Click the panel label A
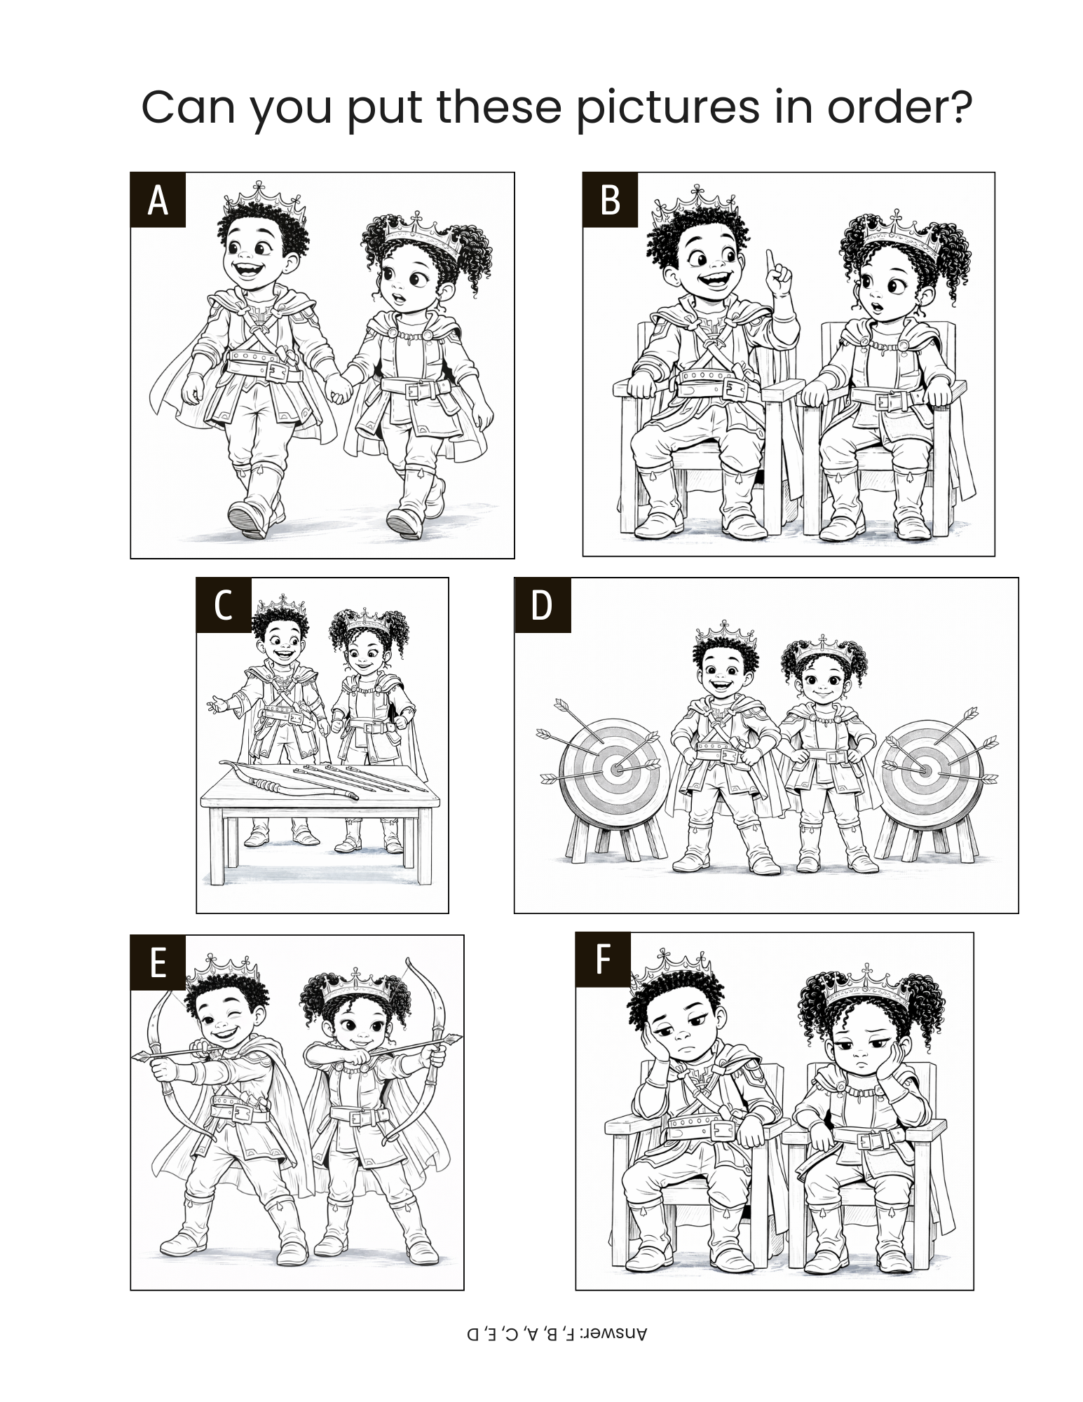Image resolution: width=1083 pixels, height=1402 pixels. [158, 200]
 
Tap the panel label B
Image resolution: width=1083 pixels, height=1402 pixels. [611, 200]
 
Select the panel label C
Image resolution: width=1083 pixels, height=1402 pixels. [224, 605]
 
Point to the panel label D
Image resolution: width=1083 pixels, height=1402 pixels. [543, 605]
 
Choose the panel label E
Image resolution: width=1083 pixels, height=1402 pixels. [158, 962]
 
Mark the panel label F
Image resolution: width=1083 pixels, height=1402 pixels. [603, 960]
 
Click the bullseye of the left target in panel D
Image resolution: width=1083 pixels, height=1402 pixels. [616, 769]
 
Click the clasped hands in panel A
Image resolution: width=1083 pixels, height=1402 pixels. [340, 389]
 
